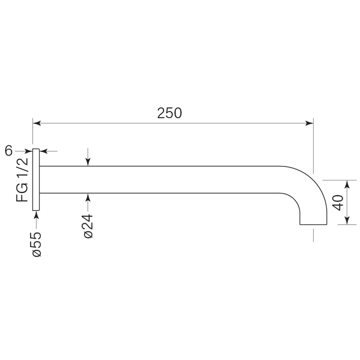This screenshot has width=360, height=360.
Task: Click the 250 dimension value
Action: [169, 113]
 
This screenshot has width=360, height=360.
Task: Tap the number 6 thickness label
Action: [8, 151]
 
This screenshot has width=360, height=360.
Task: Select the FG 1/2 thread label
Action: [22, 180]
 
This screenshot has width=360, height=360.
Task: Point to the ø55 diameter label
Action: [37, 244]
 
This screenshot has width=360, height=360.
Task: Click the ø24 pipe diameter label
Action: [89, 226]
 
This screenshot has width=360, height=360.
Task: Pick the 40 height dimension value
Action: [338, 202]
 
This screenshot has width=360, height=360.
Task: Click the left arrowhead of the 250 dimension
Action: [37, 123]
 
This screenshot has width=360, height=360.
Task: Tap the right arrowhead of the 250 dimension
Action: [309, 123]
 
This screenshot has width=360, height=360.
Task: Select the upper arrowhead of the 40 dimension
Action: [347, 184]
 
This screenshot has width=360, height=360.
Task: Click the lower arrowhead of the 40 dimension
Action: [347, 220]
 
